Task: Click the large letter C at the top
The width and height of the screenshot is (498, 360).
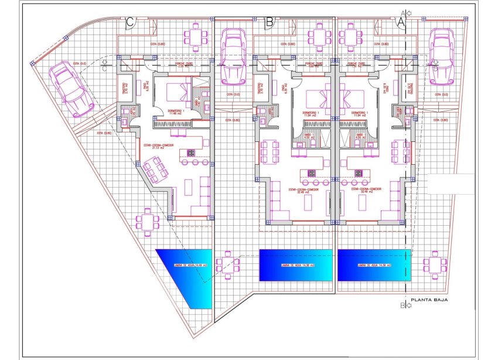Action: pos(131,22)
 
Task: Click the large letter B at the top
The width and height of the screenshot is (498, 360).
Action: pos(269,22)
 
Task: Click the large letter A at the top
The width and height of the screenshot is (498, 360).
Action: pos(401,22)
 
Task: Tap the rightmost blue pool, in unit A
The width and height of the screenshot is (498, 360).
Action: pos(374,265)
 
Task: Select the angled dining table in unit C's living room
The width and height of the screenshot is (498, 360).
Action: pos(154,171)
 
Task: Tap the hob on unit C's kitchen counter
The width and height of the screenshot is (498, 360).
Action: pos(191,153)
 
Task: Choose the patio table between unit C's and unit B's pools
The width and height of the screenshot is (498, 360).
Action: pos(227,262)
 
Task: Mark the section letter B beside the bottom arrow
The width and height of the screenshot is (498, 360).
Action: pos(403,305)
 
